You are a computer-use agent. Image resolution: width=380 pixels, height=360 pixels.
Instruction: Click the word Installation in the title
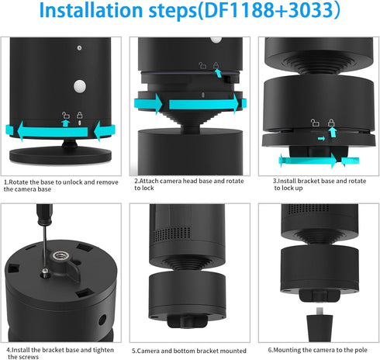[91, 10]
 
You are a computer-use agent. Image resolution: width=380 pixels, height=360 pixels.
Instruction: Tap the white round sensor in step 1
[80, 86]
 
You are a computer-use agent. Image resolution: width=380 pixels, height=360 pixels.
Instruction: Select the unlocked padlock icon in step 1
[66, 115]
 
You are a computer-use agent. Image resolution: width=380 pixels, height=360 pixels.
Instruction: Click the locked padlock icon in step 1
[80, 115]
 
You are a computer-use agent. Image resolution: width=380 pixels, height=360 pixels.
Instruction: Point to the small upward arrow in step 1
[66, 123]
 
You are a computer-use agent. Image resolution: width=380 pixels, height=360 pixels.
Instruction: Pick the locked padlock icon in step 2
[216, 65]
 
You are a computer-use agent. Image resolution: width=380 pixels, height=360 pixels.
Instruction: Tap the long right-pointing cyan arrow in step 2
[204, 104]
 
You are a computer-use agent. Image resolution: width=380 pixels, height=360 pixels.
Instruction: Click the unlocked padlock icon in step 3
[315, 123]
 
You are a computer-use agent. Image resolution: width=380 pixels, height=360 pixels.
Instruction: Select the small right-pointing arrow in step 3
[321, 139]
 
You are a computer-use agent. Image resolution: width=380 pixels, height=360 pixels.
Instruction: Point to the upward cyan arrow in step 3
[333, 132]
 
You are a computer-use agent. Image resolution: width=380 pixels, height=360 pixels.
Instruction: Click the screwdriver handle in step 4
[44, 214]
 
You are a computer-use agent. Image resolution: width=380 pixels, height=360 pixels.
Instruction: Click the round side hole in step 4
[102, 320]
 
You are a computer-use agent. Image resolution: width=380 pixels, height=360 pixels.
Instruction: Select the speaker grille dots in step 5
[172, 234]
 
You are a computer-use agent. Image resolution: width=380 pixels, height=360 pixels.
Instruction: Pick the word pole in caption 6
[361, 350]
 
